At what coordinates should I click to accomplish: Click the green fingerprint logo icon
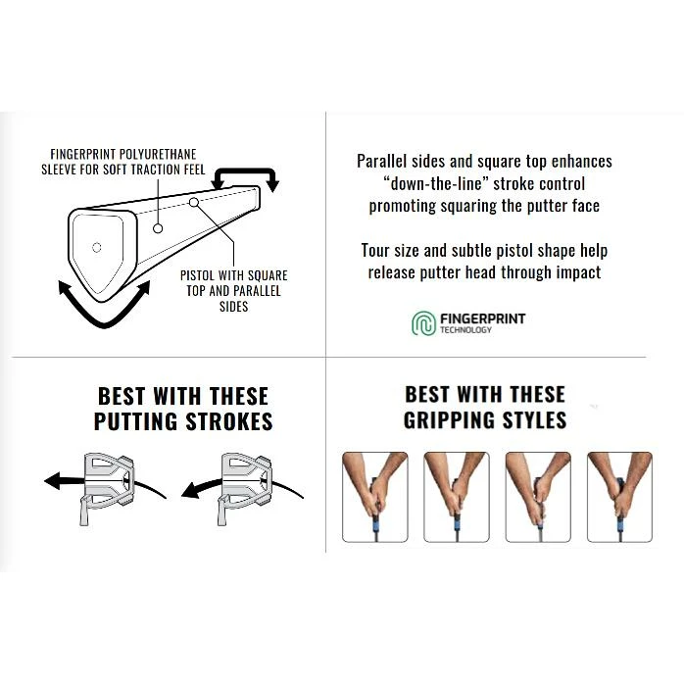tap(423, 323)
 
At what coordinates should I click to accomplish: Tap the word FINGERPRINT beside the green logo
tap(482, 318)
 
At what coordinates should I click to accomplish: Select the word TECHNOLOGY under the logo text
tap(465, 330)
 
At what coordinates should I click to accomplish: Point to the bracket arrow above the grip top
tap(245, 171)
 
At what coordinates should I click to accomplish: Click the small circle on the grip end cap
tap(97, 247)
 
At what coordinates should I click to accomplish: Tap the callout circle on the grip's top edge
tap(194, 203)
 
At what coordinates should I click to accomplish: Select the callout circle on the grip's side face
tap(158, 228)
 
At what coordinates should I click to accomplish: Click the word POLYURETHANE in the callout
tap(158, 155)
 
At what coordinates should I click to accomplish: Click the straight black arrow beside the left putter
tap(66, 480)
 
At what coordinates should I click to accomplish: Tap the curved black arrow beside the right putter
tap(202, 489)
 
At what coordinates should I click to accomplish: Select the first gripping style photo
tap(375, 497)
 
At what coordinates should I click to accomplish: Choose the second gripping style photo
tap(457, 497)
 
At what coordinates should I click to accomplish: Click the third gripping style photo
tap(538, 497)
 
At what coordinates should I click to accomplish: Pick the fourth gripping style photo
tap(619, 497)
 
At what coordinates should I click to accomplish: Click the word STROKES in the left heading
tap(229, 421)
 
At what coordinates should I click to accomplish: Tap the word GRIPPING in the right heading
tap(450, 420)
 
